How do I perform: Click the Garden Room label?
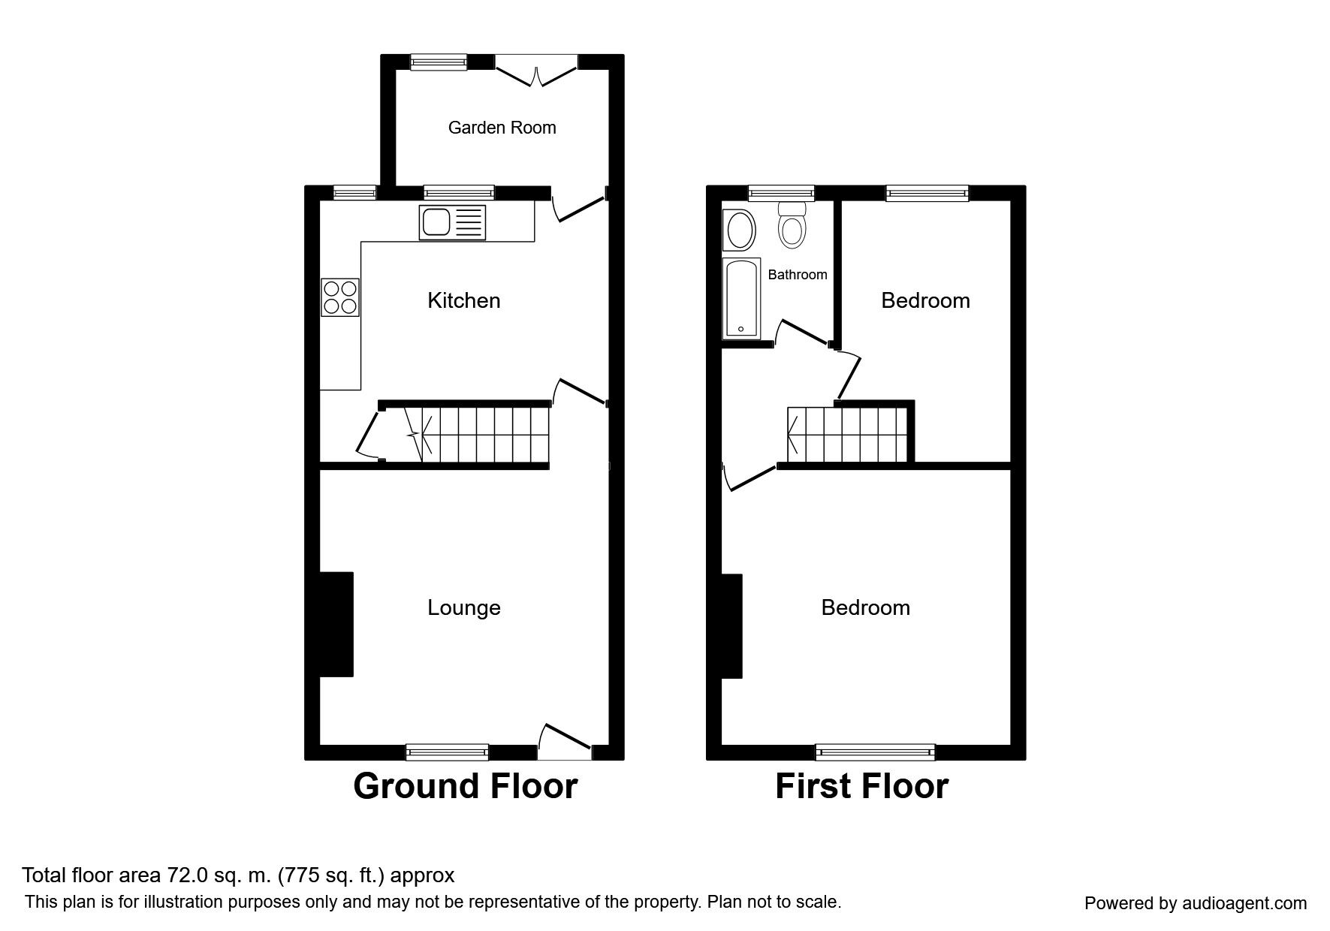click(502, 128)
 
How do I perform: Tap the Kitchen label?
click(463, 300)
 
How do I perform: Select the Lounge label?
click(463, 607)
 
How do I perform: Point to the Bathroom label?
click(797, 275)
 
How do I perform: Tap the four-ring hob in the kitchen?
click(339, 297)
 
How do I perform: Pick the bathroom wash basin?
click(739, 230)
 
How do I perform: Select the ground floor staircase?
click(477, 435)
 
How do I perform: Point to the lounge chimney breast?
click(336, 625)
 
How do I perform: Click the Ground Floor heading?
click(465, 786)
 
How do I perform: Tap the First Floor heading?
click(861, 786)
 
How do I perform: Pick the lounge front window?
click(447, 752)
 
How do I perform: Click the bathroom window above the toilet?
click(781, 194)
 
